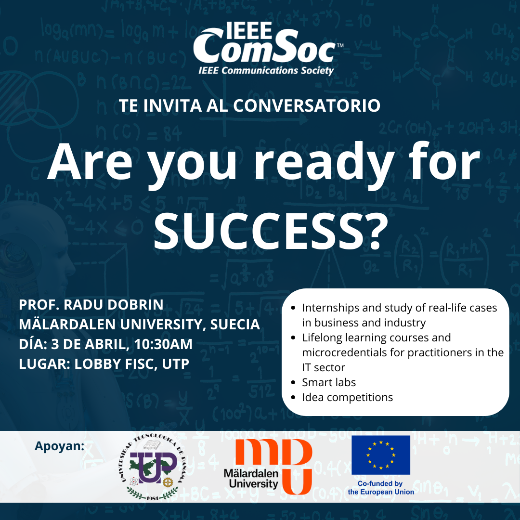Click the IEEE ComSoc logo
268,49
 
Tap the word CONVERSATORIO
307,106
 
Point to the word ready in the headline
325,165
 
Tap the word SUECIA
235,325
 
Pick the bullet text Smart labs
329,382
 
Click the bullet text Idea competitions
347,397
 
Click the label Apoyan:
59,446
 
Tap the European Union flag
381,455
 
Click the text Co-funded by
380,483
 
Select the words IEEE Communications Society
266,71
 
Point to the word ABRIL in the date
105,344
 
